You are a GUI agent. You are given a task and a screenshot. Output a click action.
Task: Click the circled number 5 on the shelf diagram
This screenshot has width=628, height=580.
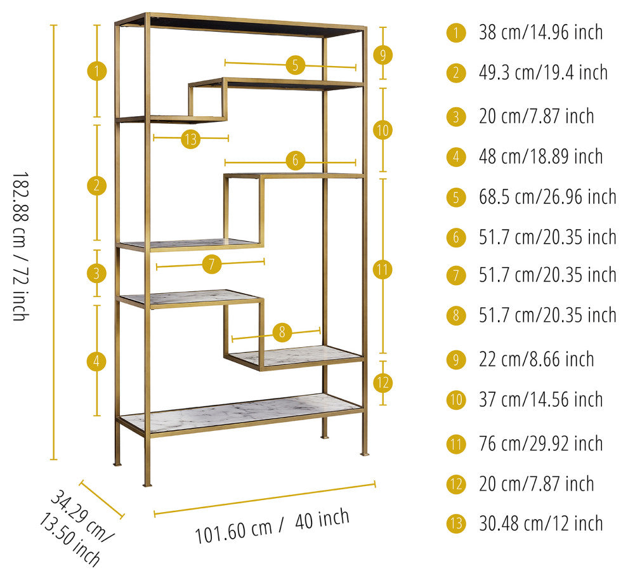pos(296,65)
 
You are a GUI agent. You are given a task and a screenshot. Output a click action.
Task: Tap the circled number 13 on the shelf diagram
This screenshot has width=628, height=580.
pos(191,139)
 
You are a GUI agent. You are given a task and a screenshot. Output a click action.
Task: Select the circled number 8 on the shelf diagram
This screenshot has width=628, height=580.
pos(282,332)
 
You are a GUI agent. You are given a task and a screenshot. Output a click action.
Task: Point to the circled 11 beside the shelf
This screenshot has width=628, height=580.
pos(383,270)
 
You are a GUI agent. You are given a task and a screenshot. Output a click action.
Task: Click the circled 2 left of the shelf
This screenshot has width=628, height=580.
pos(96,185)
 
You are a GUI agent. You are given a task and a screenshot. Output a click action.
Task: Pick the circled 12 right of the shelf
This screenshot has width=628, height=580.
pos(383,383)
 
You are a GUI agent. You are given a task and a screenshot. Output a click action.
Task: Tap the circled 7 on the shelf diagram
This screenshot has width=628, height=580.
pos(212,265)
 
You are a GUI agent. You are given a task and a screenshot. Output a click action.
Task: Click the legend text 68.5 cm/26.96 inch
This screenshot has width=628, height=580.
pos(547,197)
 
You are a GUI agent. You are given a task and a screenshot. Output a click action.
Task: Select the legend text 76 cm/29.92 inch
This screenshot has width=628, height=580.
pos(540,444)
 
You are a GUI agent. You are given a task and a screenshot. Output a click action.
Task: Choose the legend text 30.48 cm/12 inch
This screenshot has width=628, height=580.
pos(540,524)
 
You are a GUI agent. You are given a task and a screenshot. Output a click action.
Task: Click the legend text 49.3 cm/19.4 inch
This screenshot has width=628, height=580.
pos(543,73)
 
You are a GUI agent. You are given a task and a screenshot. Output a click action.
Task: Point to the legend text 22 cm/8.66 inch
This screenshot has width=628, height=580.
pos(536,359)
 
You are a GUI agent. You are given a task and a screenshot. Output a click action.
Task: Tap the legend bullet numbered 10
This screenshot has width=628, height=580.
pos(456,400)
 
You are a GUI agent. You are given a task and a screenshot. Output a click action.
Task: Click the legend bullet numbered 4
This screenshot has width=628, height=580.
pos(456,157)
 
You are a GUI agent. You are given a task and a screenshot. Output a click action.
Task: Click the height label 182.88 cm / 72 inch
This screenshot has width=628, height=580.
pos(21,246)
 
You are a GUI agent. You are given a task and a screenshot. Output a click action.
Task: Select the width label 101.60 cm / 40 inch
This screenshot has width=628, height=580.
pos(272,525)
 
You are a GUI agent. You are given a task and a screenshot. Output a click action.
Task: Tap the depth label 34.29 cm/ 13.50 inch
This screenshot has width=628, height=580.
pos(76,527)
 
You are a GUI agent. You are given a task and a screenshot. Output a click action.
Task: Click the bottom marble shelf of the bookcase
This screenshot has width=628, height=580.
pos(240,412)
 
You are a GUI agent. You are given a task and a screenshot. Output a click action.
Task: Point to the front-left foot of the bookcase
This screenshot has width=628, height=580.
pos(147,485)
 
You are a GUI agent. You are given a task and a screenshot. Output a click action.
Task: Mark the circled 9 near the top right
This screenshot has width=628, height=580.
pos(383,55)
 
